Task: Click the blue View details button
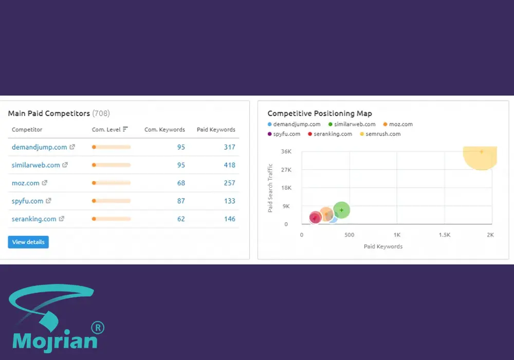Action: tap(28, 242)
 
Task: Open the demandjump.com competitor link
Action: tap(40, 147)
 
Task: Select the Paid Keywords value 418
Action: tap(229, 165)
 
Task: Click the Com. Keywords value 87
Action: tap(181, 201)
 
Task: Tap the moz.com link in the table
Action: tap(26, 183)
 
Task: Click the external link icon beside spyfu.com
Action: tap(48, 201)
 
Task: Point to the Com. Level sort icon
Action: tap(125, 129)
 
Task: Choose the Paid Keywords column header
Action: tap(216, 130)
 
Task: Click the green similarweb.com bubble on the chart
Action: tap(342, 210)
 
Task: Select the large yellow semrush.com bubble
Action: tap(480, 157)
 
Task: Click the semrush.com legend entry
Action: tap(380, 134)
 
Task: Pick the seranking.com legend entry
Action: tap(330, 134)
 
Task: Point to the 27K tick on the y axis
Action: tap(286, 170)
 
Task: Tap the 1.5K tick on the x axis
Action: tap(445, 235)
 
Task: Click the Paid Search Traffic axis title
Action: tap(270, 188)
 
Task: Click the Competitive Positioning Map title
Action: tap(320, 114)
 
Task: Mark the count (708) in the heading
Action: tap(101, 114)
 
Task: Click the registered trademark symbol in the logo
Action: tap(98, 328)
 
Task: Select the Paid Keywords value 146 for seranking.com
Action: tap(229, 219)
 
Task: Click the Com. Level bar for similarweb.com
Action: tap(111, 165)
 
